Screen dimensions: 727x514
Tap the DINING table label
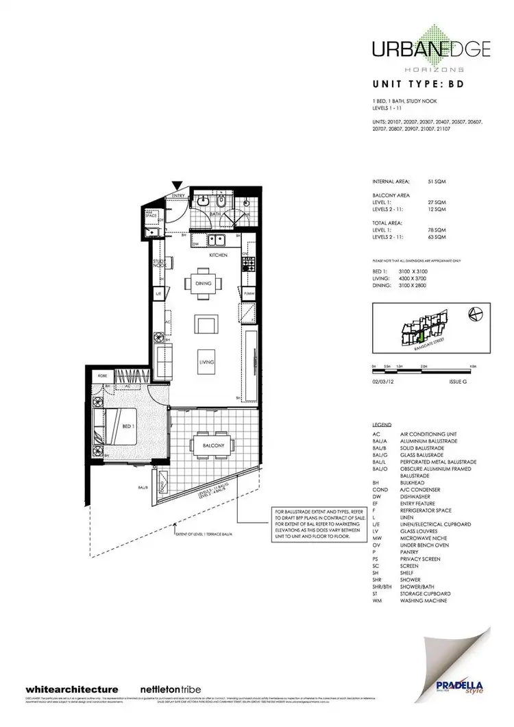[x=203, y=283]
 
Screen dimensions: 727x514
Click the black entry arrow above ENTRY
[x=178, y=184]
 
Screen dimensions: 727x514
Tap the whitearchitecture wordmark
[x=72, y=689]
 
